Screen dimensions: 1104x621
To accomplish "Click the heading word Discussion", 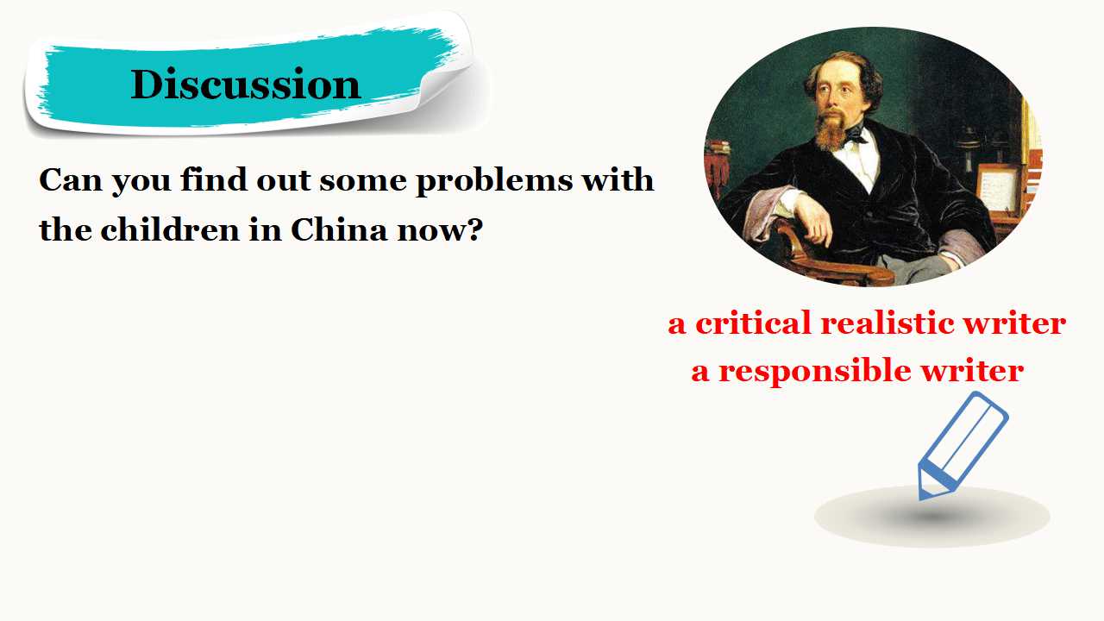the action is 246,85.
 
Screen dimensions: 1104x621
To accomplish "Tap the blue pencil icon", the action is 962,445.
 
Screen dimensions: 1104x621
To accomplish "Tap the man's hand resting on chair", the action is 813,220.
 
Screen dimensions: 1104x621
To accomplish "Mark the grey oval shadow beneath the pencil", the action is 932,517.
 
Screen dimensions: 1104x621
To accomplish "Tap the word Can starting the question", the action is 71,180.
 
